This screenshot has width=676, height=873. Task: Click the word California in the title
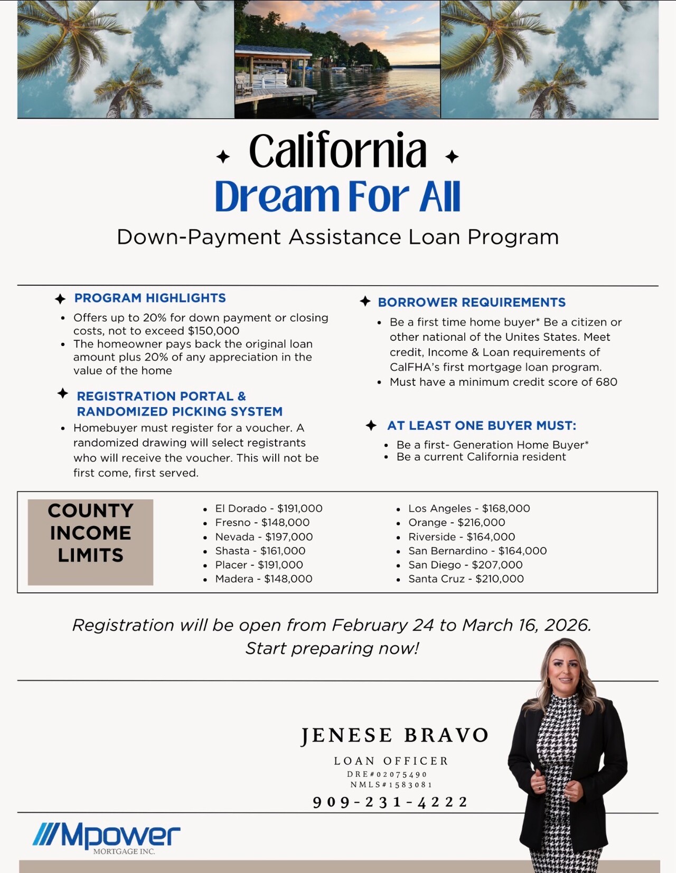click(x=337, y=151)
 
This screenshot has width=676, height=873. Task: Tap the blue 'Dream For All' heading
click(x=337, y=196)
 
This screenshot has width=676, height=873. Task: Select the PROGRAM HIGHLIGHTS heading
click(x=150, y=298)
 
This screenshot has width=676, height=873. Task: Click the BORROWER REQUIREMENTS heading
click(x=472, y=302)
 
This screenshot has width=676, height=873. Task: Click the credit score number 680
click(x=606, y=382)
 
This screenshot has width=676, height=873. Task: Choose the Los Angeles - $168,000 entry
click(x=468, y=509)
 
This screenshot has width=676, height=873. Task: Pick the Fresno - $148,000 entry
click(x=262, y=522)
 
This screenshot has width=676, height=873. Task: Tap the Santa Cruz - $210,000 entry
click(x=466, y=579)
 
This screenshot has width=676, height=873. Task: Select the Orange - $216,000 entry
click(x=456, y=522)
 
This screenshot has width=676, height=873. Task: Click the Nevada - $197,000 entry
click(x=264, y=536)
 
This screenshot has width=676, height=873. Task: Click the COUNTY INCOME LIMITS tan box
click(x=90, y=542)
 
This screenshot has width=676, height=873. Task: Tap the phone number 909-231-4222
click(x=390, y=802)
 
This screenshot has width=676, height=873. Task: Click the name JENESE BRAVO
click(x=395, y=735)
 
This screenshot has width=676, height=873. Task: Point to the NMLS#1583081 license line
click(x=391, y=785)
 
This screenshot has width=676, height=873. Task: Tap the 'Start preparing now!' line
click(x=332, y=648)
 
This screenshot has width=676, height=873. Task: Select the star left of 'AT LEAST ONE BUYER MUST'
click(x=371, y=425)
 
